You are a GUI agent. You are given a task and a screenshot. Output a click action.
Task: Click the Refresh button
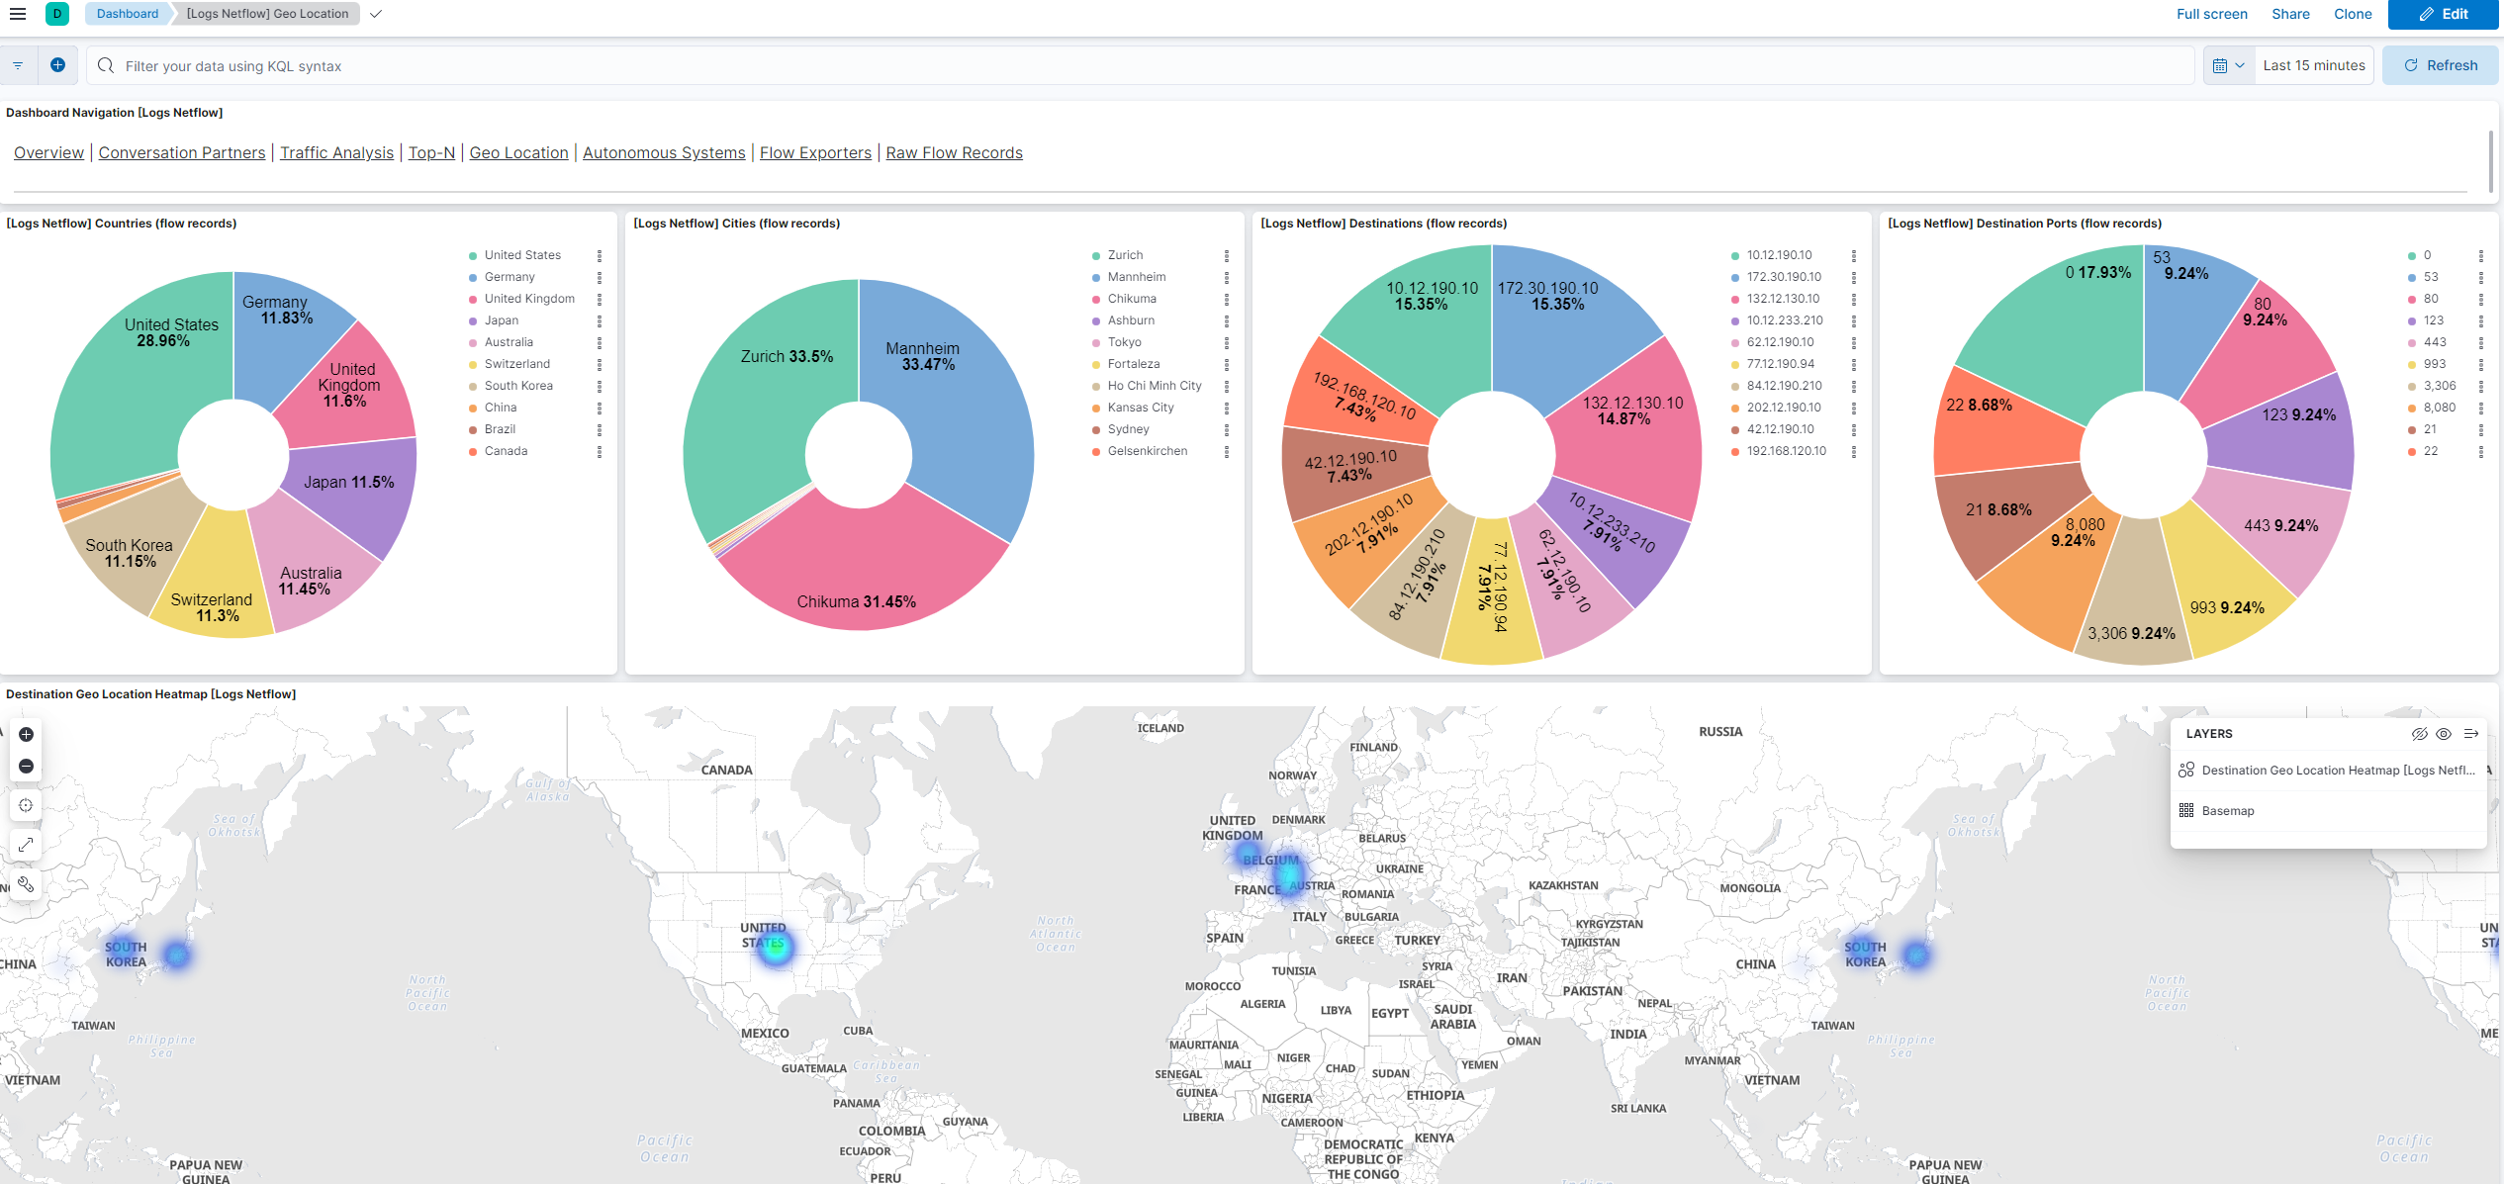(x=2440, y=65)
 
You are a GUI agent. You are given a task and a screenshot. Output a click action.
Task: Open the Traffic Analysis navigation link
(x=336, y=152)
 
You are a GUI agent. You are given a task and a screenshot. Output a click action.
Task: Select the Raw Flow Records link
(x=954, y=152)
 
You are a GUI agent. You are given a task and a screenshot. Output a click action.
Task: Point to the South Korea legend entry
(x=518, y=386)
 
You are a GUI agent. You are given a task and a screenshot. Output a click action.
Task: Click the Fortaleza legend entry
(x=1133, y=364)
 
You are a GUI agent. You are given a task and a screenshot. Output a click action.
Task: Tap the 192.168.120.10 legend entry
(x=1786, y=451)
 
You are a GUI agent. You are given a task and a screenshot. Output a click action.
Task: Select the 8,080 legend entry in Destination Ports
(x=2439, y=408)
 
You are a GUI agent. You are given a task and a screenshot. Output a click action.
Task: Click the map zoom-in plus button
(x=27, y=734)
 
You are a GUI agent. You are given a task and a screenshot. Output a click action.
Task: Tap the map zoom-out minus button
(x=27, y=767)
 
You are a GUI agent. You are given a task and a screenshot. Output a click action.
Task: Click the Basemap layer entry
(x=2227, y=811)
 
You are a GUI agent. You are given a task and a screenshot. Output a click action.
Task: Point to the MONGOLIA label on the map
(x=1749, y=888)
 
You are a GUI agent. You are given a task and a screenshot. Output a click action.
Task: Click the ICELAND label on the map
(x=1160, y=728)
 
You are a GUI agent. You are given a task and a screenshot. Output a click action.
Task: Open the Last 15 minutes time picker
(x=2313, y=65)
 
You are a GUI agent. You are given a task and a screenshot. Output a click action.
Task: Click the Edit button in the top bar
(x=2443, y=14)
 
